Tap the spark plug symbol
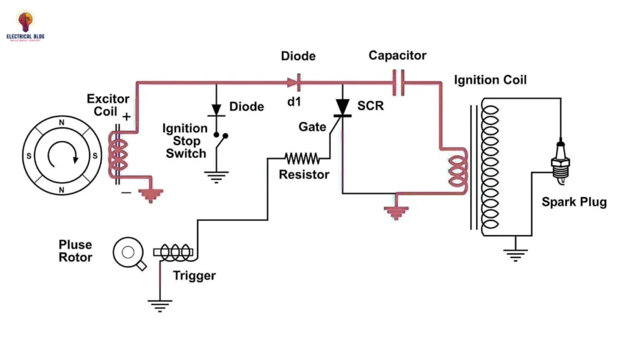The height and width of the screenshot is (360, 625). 560,161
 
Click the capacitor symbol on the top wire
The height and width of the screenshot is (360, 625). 399,82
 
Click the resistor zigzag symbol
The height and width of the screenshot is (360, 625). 302,159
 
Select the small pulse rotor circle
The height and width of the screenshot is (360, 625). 128,252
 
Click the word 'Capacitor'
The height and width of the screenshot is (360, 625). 397,56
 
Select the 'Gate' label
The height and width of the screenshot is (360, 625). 312,126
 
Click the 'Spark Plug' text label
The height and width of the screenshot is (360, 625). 574,202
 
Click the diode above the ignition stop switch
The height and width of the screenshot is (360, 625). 215,110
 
